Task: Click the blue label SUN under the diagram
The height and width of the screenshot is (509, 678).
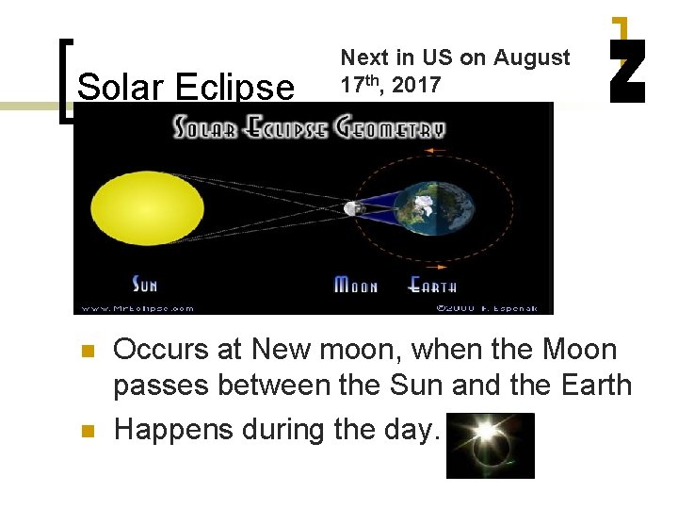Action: point(144,283)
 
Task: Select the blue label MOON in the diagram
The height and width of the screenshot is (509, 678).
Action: point(356,284)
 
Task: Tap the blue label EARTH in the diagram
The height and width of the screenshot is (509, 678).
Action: point(432,284)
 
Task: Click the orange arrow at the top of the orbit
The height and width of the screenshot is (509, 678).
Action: point(435,150)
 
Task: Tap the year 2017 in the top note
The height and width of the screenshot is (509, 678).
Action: point(417,86)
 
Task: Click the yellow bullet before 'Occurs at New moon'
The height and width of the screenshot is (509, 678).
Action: point(88,352)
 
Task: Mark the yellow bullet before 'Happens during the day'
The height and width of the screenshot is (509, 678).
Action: point(88,432)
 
